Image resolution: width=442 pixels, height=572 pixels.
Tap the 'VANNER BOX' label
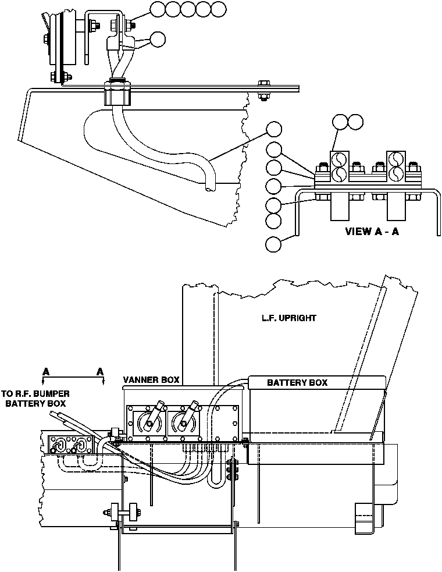click(x=151, y=380)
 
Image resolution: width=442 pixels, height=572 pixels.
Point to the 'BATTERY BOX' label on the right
click(x=297, y=382)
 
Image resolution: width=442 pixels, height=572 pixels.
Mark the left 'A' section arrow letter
click(x=45, y=371)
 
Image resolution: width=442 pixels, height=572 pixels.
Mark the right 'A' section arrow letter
click(x=100, y=371)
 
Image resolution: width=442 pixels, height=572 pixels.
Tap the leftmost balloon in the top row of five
click(x=158, y=9)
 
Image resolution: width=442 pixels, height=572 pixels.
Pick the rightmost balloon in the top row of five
click(x=218, y=9)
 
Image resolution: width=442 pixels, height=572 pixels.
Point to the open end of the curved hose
click(x=208, y=187)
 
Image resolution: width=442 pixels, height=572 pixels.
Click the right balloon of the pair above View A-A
click(x=354, y=121)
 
